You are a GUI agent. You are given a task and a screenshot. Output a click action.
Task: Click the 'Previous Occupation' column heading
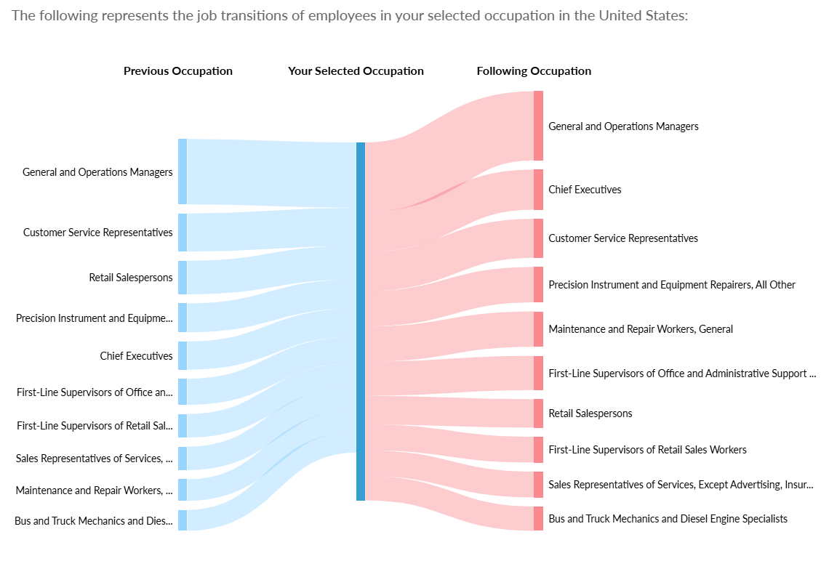click(178, 71)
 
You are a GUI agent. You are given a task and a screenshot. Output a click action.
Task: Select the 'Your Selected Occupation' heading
click(356, 71)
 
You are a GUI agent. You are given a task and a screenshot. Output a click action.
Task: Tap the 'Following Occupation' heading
click(534, 71)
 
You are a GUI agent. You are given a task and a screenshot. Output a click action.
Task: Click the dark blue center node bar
click(361, 321)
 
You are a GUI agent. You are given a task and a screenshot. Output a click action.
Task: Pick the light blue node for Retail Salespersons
click(183, 278)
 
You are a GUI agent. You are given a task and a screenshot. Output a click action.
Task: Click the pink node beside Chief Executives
click(538, 190)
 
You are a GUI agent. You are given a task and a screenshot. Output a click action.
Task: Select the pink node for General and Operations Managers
click(538, 126)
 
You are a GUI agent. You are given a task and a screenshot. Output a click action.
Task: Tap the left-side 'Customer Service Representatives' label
click(98, 233)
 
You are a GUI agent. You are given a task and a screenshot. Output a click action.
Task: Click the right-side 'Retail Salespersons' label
click(590, 413)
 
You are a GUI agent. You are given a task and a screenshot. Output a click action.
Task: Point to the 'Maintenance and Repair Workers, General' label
click(641, 329)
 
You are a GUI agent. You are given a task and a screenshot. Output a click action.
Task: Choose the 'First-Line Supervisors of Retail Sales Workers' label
click(647, 450)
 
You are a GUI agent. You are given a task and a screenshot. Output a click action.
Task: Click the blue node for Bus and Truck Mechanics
click(183, 520)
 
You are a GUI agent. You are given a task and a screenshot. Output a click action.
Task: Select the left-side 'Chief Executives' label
click(137, 356)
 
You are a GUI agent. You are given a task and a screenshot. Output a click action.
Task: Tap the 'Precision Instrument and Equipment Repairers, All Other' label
click(672, 285)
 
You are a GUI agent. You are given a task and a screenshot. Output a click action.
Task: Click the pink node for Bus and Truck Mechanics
click(538, 519)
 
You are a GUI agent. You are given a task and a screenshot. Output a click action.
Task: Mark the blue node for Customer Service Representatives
click(183, 233)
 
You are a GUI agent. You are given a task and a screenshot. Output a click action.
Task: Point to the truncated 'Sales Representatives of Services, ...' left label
click(95, 459)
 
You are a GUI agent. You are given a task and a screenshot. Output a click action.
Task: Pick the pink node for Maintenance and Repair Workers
click(538, 329)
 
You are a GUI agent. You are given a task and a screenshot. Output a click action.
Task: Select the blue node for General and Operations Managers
click(183, 171)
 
